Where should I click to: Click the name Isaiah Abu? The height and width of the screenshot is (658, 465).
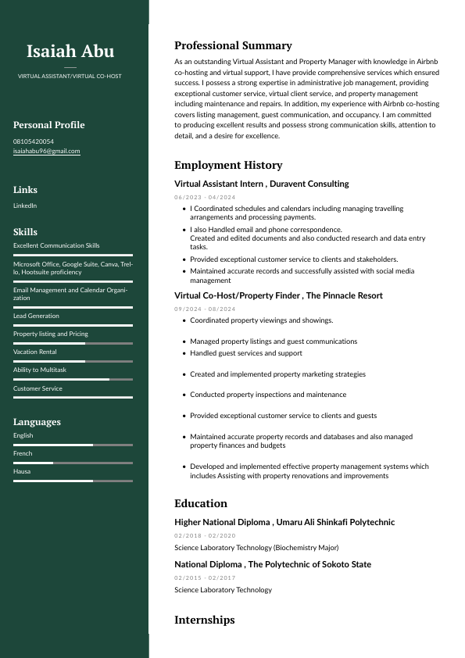[x=70, y=52]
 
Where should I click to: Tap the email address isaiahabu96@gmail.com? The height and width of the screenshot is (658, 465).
[x=47, y=151]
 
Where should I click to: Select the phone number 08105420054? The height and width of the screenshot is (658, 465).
[x=34, y=141]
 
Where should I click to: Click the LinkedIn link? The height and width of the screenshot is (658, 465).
[x=25, y=206]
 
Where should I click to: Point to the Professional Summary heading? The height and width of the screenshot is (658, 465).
[x=233, y=46]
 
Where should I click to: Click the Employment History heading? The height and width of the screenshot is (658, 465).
[x=228, y=165]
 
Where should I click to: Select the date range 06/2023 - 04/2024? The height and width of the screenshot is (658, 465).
[x=205, y=197]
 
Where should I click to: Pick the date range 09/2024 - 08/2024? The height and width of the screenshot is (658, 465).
[x=205, y=309]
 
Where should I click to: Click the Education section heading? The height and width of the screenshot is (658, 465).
[x=201, y=503]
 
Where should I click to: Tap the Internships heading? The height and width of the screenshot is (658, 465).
[x=204, y=620]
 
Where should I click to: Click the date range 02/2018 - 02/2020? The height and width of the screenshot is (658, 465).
[x=205, y=535]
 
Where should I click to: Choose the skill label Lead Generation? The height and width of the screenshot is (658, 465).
[x=36, y=316]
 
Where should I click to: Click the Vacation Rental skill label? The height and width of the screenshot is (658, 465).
[x=35, y=352]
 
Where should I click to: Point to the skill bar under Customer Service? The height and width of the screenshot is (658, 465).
[x=73, y=398]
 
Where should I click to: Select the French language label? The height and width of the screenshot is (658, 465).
[x=23, y=453]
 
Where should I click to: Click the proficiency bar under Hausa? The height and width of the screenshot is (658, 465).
[x=73, y=481]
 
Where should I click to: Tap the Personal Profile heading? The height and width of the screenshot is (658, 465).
[x=48, y=125]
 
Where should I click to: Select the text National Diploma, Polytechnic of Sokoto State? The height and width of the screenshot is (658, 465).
[x=273, y=564]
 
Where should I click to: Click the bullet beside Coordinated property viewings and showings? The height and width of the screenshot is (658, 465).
[x=183, y=320]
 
